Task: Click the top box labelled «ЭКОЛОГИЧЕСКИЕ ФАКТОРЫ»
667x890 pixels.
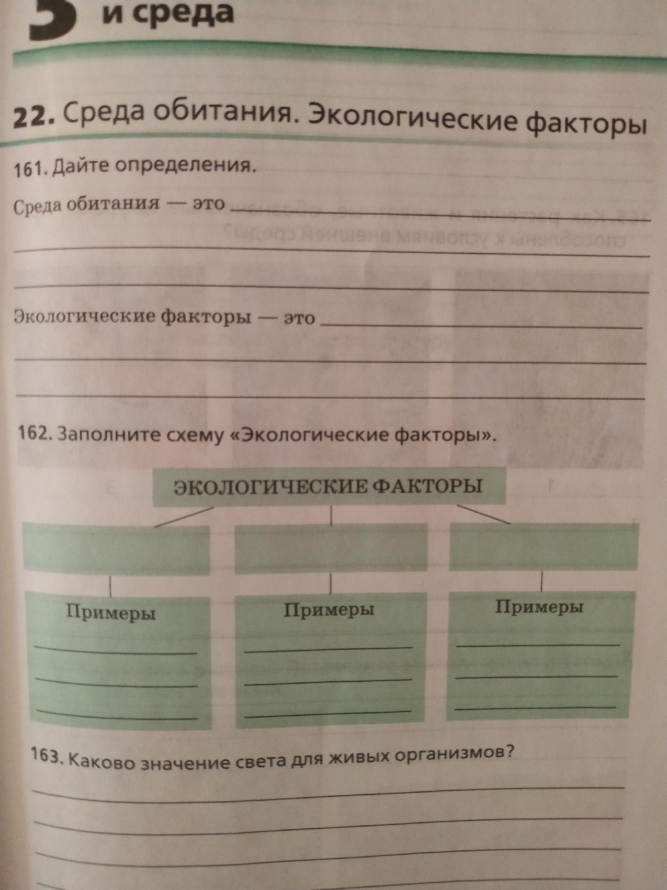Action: click(329, 487)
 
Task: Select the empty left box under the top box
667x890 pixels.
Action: click(116, 547)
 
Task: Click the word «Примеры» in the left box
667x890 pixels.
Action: click(111, 612)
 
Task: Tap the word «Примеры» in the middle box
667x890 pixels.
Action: click(329, 610)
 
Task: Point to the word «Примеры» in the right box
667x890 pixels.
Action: click(539, 607)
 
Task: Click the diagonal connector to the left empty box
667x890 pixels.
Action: click(184, 516)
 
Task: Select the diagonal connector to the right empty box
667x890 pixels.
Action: click(483, 514)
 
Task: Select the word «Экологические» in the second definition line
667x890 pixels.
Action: click(84, 316)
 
